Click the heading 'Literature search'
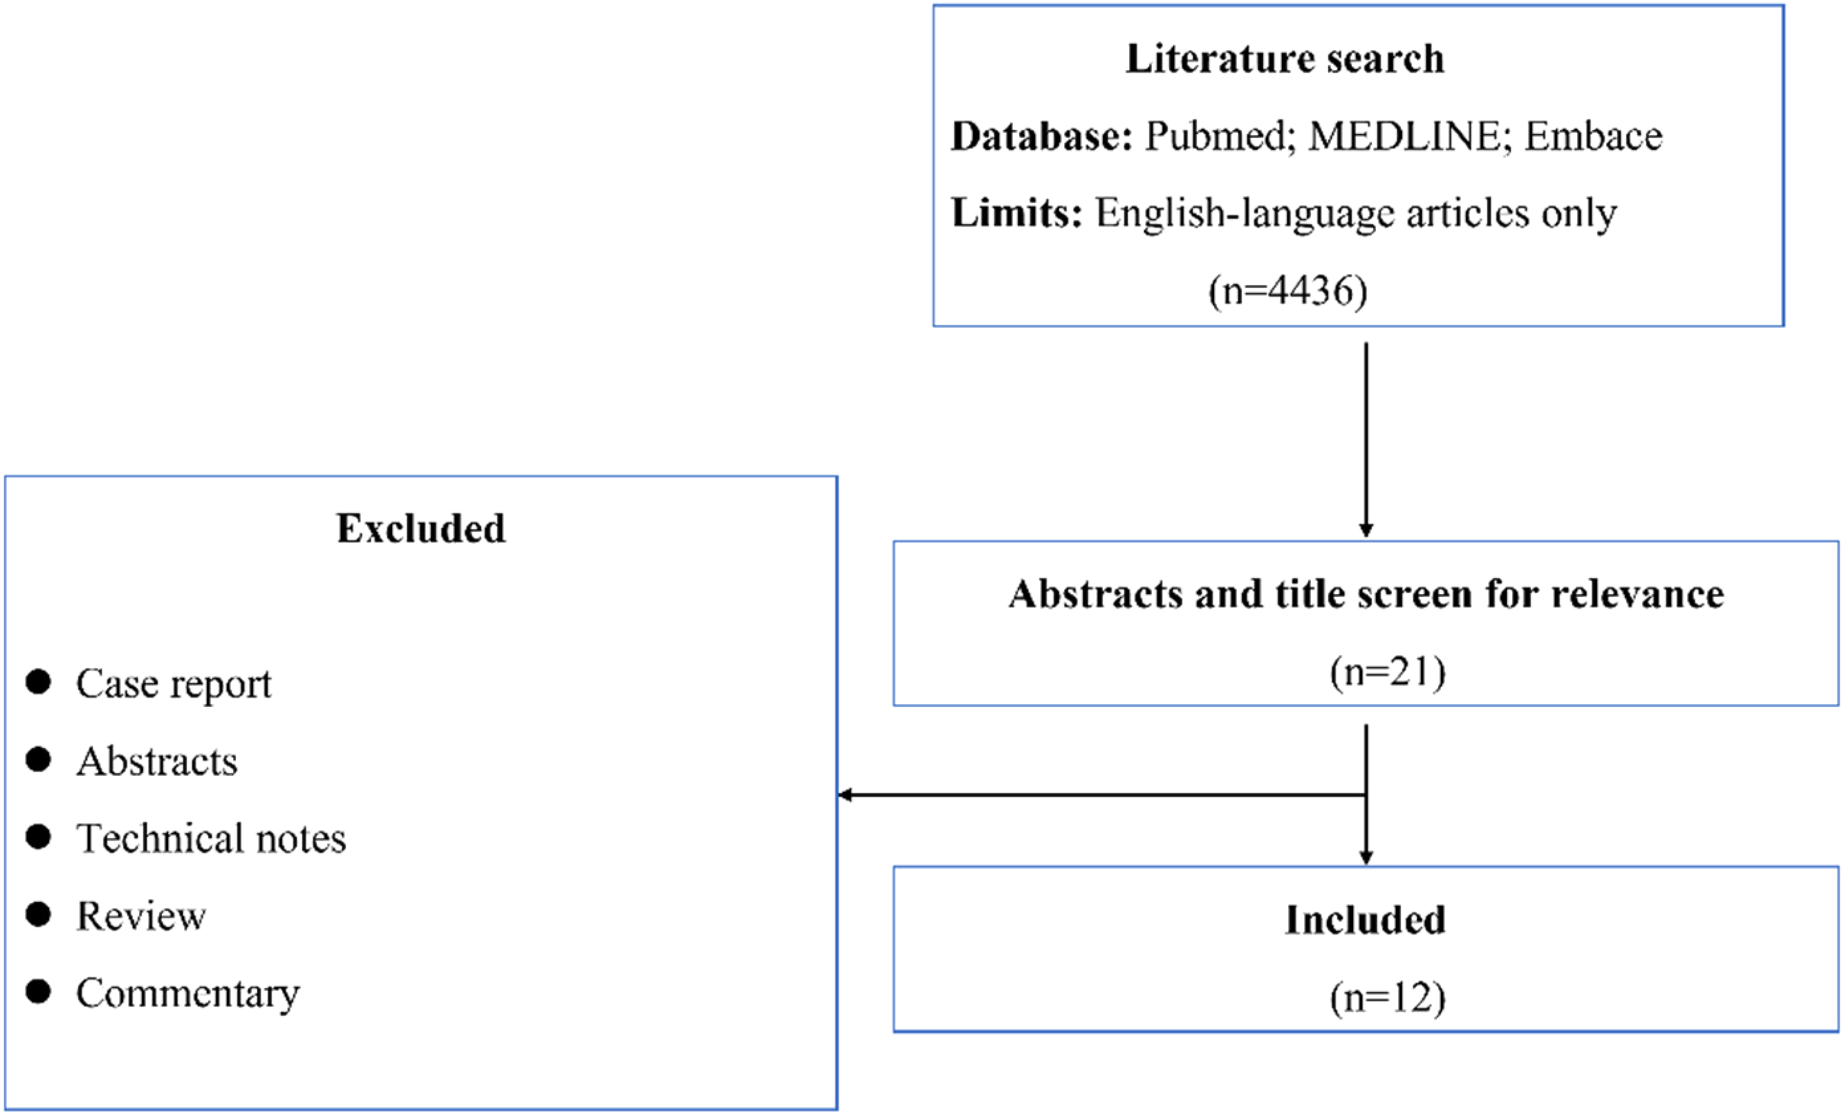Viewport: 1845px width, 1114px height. tap(1285, 59)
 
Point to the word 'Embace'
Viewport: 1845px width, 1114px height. tap(1593, 136)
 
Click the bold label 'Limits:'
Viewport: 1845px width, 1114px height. tap(1017, 213)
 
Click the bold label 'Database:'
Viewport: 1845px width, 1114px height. tap(1042, 136)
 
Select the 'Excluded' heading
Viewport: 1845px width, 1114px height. tap(421, 528)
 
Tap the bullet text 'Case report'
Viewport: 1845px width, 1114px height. tap(174, 684)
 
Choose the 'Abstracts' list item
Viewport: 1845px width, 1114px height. tap(157, 761)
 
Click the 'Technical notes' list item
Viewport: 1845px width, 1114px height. tap(211, 838)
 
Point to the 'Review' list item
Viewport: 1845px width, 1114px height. tap(142, 916)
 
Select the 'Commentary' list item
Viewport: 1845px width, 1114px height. tap(188, 994)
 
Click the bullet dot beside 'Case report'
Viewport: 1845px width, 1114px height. tap(38, 682)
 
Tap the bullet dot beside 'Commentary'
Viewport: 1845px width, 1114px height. tap(38, 991)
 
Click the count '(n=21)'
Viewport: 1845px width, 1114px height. tap(1388, 672)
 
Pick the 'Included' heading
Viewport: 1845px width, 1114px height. tap(1365, 920)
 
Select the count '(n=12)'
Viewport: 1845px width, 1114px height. tap(1388, 998)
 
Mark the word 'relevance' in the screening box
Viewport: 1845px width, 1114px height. tap(1638, 594)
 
